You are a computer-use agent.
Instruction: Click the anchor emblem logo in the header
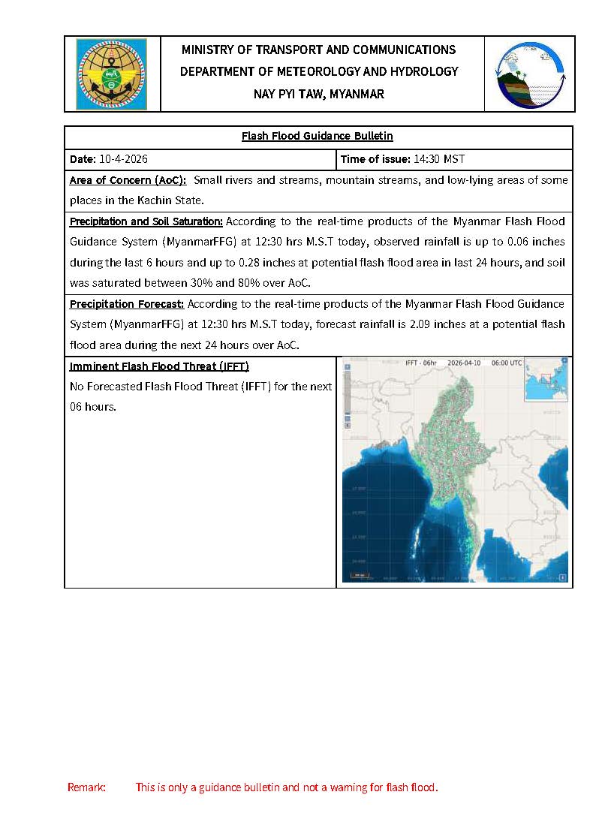click(x=111, y=74)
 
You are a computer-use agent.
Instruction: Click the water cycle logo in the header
click(x=529, y=74)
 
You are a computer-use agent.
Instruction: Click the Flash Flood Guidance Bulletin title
click(x=318, y=137)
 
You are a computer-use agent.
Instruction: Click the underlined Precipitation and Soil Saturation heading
click(x=146, y=221)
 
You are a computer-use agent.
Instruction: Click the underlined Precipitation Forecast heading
click(x=127, y=304)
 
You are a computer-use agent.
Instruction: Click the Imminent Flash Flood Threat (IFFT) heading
click(x=159, y=366)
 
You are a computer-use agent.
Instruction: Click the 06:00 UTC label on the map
click(x=507, y=363)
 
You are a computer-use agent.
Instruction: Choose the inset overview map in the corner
click(x=546, y=380)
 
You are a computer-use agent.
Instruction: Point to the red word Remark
click(x=86, y=787)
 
